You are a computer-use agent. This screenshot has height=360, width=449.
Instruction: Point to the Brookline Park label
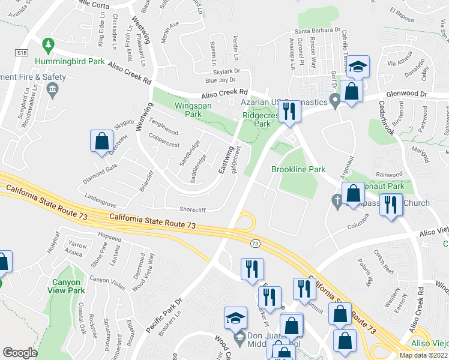298,170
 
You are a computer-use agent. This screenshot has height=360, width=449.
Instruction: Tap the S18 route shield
22,53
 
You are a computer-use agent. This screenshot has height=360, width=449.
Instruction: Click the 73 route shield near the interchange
255,243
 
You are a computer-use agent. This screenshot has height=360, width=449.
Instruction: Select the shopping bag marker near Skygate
102,141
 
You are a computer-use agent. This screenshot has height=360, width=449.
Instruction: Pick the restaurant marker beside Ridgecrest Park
291,111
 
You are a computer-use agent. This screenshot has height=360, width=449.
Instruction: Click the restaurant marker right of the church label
391,205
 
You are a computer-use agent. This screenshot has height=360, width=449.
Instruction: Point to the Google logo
20,352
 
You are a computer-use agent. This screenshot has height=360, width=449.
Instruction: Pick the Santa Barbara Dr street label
317,31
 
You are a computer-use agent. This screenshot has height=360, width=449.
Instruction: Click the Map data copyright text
423,355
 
